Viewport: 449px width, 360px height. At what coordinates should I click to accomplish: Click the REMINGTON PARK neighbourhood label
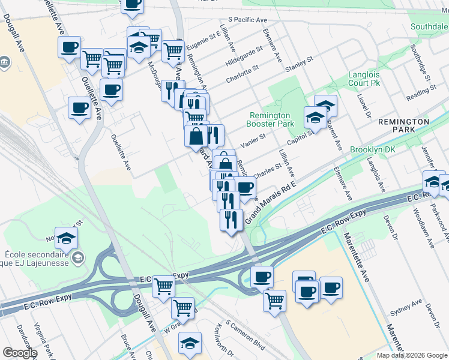coord(404,125)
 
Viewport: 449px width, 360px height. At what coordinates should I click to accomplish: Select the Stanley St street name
coord(300,64)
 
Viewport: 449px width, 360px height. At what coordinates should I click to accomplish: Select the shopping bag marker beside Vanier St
coord(196,136)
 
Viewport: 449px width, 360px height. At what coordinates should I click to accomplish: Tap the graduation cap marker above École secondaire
coord(67,237)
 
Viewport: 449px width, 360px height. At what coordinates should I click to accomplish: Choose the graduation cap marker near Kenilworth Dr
coord(190,343)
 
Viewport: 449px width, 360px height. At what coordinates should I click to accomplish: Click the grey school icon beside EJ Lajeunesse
coord(77,258)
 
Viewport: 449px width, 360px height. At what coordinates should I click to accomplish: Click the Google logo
coord(20,353)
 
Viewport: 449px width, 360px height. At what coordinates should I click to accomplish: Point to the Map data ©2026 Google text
coord(412,355)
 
